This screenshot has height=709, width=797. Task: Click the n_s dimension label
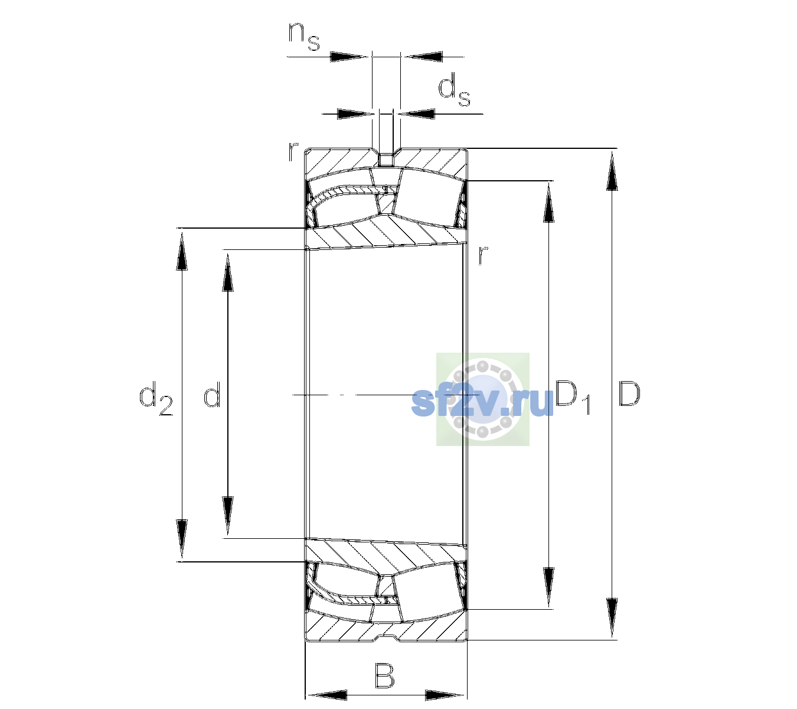[303, 37]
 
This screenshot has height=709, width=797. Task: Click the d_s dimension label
[453, 90]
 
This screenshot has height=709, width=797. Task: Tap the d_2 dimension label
[156, 398]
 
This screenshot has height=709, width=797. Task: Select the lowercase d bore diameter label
[212, 394]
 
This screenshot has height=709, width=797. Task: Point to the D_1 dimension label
[573, 397]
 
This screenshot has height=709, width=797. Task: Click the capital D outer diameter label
[629, 393]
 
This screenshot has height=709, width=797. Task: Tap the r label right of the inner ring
[483, 255]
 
